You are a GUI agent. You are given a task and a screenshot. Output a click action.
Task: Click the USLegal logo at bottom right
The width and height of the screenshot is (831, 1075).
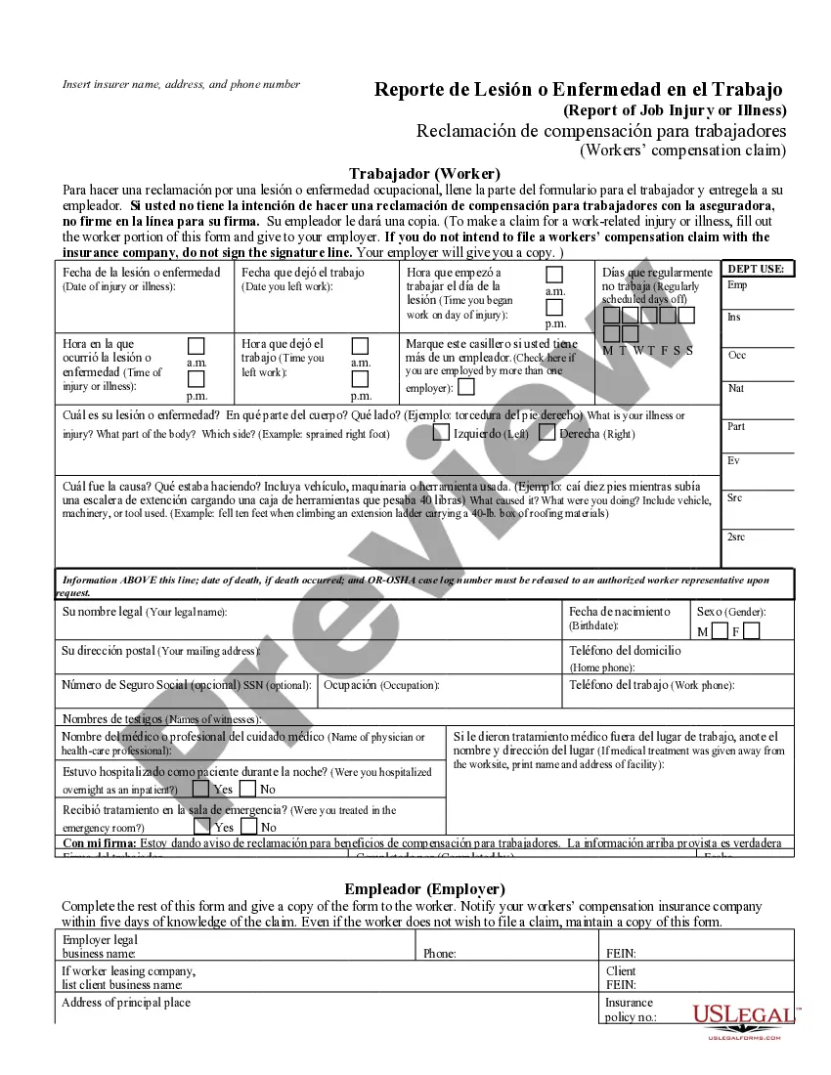[x=746, y=1020]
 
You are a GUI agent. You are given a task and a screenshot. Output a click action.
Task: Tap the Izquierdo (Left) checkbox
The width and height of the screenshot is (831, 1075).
[x=441, y=433]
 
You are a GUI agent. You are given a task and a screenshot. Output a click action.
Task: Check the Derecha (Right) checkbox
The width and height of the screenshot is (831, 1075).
[x=547, y=433]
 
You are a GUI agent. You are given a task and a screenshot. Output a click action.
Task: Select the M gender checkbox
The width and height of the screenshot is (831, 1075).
[x=720, y=631]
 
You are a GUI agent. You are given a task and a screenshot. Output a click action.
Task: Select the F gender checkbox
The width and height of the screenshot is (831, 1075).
[x=751, y=631]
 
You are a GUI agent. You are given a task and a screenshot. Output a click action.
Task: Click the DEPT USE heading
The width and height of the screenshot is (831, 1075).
[x=758, y=269]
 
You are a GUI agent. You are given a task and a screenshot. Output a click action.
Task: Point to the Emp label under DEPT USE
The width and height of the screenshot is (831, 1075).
[x=737, y=285]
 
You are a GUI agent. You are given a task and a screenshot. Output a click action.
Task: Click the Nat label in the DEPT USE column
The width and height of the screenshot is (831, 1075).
[x=736, y=388]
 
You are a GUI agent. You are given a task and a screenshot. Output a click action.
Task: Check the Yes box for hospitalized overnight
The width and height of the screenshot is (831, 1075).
[x=200, y=789]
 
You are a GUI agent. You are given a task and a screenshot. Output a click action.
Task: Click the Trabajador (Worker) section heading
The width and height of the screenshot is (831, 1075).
[x=424, y=173]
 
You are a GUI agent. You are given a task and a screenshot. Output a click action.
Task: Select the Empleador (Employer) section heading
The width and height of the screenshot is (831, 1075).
[x=424, y=889]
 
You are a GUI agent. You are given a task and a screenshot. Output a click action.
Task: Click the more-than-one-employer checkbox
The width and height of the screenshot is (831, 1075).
[x=466, y=387]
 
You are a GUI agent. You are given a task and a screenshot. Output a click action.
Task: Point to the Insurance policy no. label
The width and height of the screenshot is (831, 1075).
[x=631, y=1010]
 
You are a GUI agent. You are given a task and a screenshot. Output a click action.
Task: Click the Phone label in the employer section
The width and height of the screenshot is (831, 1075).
[x=439, y=953]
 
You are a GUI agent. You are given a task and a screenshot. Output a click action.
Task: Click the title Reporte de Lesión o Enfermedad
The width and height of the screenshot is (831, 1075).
[x=579, y=90]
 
